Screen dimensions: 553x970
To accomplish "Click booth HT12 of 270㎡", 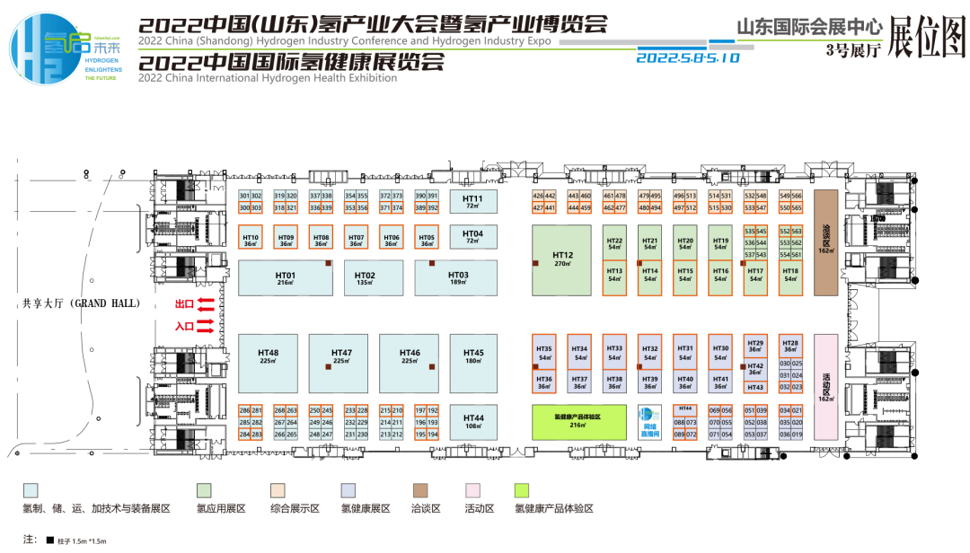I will coord(561,260).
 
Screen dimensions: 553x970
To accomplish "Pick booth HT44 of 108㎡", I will coord(473,422).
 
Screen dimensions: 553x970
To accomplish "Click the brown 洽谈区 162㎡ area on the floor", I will coord(825,241).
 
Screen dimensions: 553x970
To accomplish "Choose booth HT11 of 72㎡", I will coord(473,201).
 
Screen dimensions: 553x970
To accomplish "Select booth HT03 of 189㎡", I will coord(457,278).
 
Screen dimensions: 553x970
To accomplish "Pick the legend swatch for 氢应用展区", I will coord(204,490).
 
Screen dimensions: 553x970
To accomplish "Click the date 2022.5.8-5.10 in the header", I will coord(687,57).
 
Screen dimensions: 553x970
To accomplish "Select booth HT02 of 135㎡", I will coord(366,278).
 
